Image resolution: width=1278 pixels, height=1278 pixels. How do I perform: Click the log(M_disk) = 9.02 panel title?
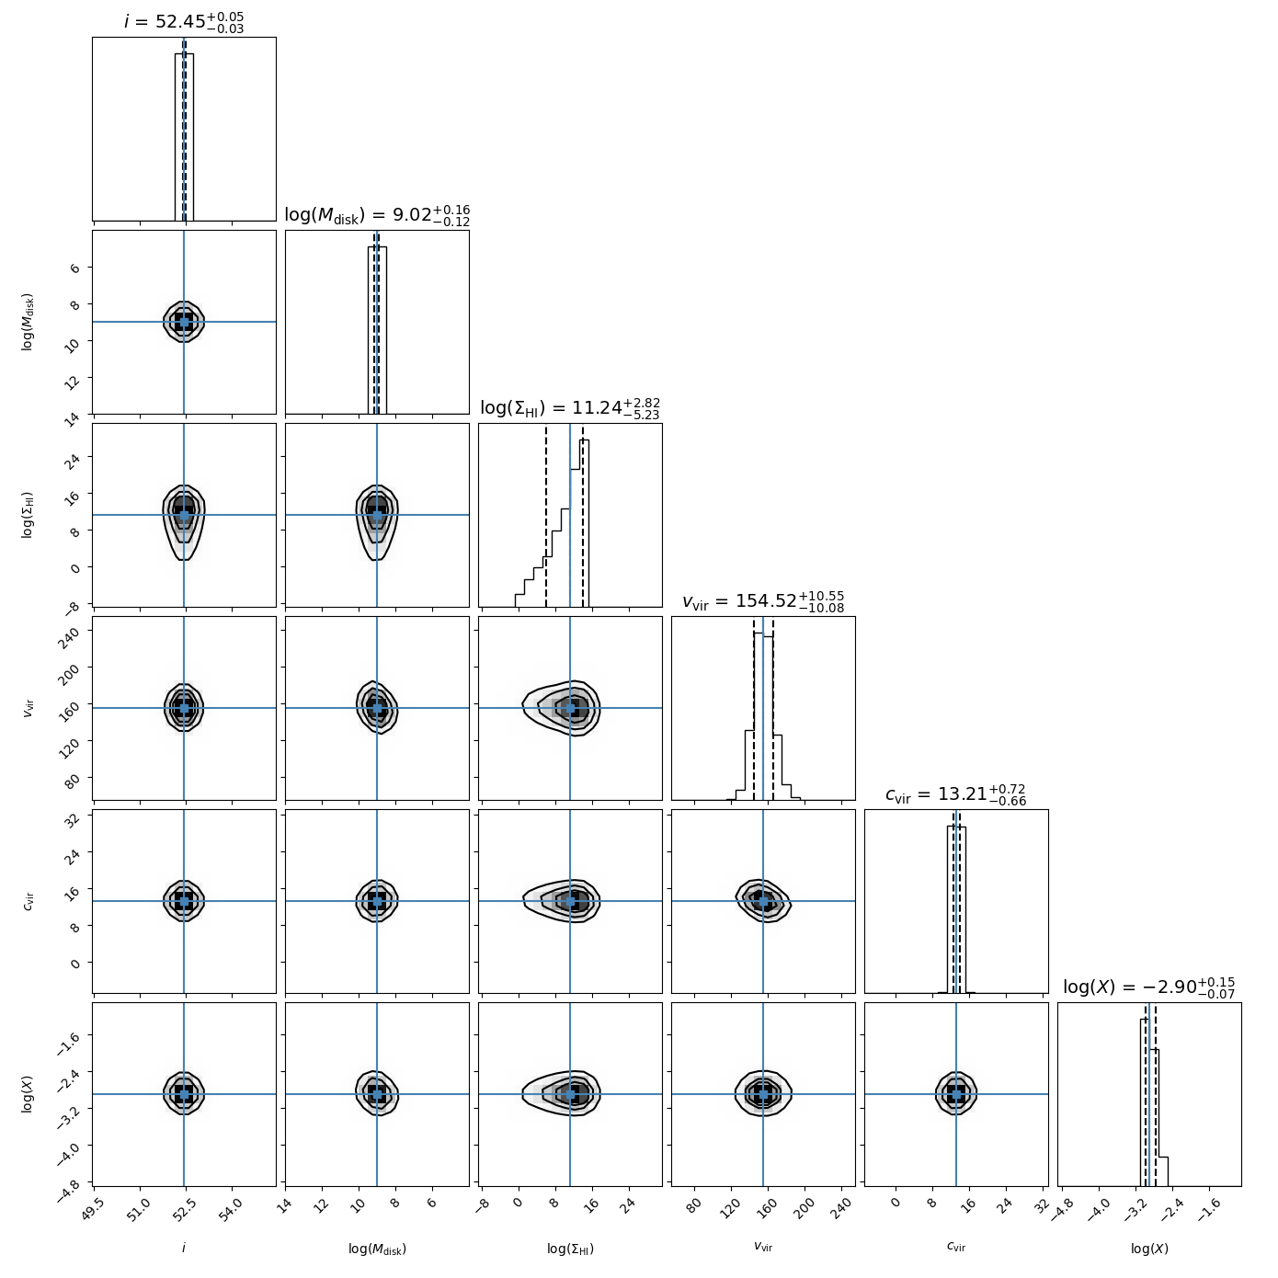pos(377,215)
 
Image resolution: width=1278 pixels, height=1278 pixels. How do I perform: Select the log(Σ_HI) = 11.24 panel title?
pos(570,408)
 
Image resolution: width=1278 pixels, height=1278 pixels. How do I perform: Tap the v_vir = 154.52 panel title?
pos(763,601)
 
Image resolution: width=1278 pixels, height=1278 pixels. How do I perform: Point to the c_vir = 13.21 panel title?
pos(956,794)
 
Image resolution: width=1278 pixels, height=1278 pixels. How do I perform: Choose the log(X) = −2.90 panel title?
pos(1149,987)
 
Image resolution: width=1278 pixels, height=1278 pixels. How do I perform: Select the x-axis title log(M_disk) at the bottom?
pos(377,1249)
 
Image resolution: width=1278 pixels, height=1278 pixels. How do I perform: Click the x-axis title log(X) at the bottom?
pos(1149,1249)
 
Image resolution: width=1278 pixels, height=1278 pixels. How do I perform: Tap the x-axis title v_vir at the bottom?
pos(763,1248)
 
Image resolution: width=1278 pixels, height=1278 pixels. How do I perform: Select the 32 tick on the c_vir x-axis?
pos(1040,1203)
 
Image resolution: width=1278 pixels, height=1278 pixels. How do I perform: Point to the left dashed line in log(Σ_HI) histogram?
pos(546,515)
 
